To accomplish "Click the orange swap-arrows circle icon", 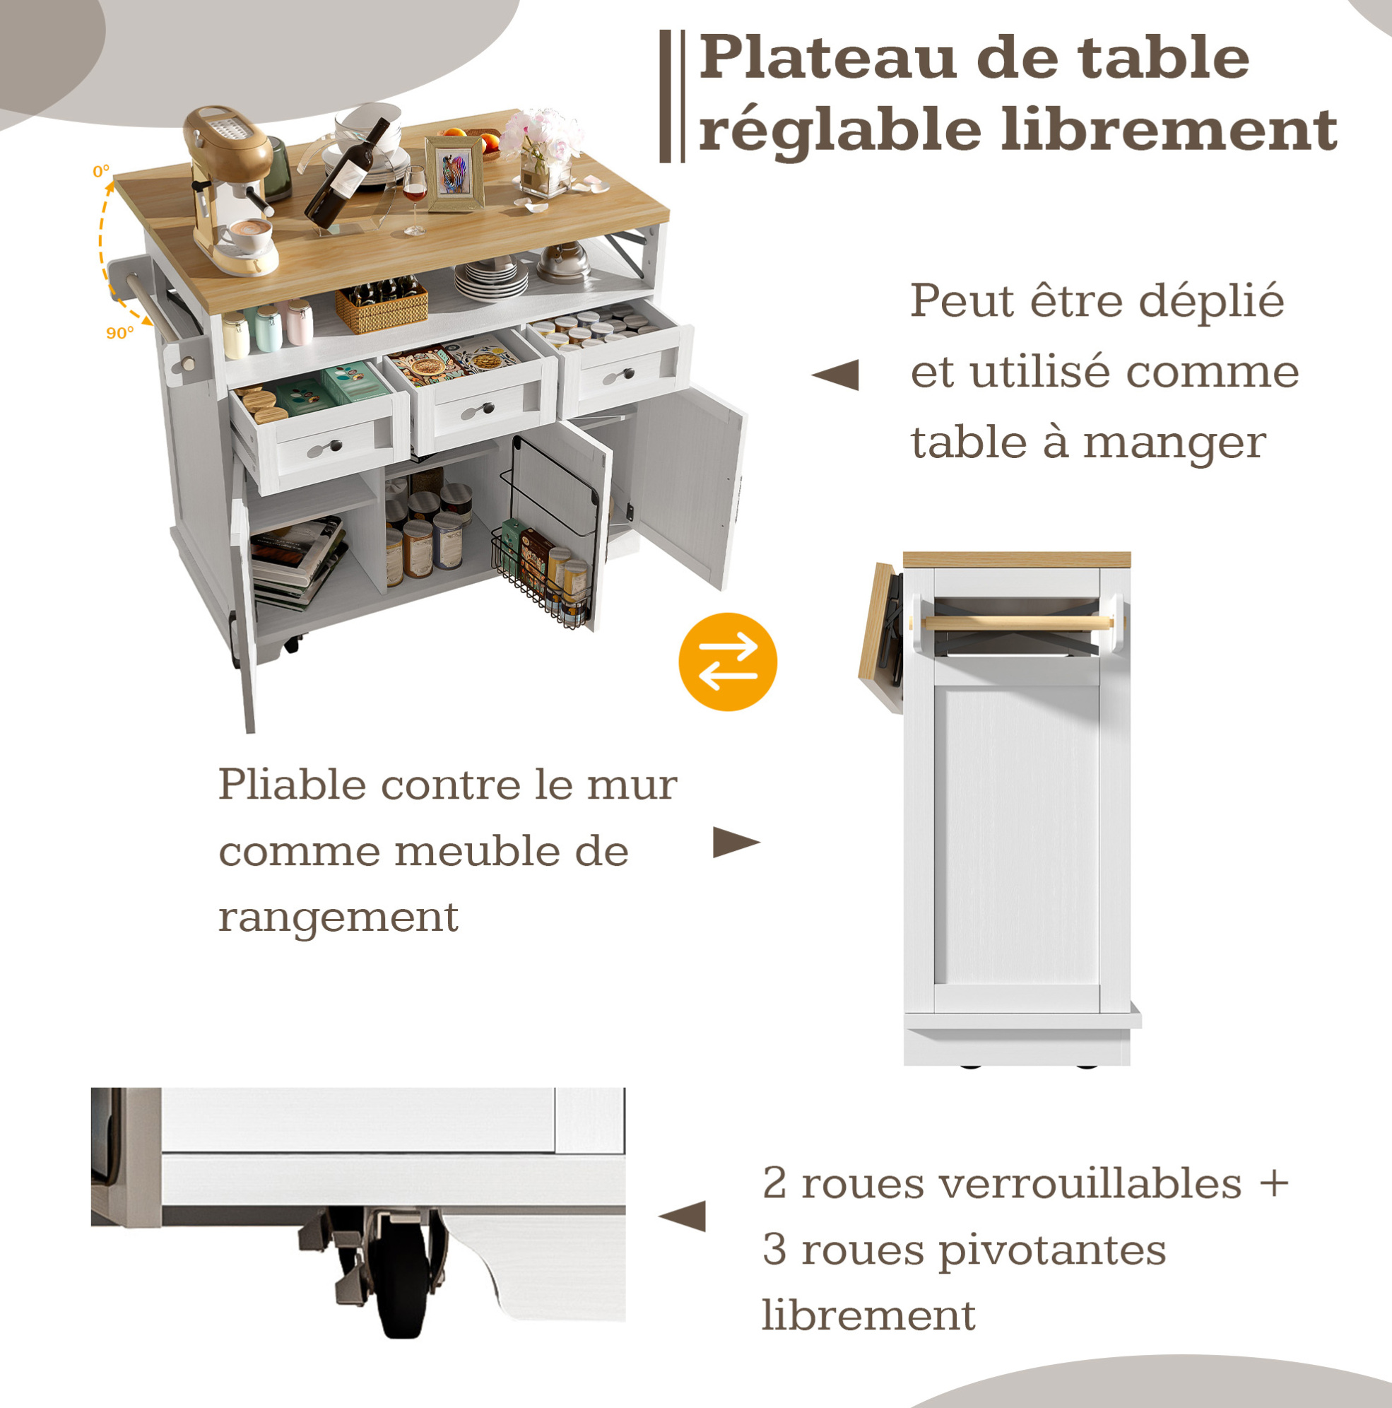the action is pos(728,662).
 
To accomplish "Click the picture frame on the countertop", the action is pos(455,174).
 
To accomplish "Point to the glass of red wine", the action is pos(415,200).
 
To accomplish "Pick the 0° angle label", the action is pos(101,172).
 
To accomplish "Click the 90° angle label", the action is pos(120,333).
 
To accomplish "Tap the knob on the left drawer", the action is pos(334,445).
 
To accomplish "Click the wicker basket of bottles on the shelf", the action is pos(382,305).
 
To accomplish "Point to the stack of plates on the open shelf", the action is pos(492,279).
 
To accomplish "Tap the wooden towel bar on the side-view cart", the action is pos(1018,623).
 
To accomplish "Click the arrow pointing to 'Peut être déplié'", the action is pos(834,375).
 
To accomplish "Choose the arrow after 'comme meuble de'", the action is pos(736,843).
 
